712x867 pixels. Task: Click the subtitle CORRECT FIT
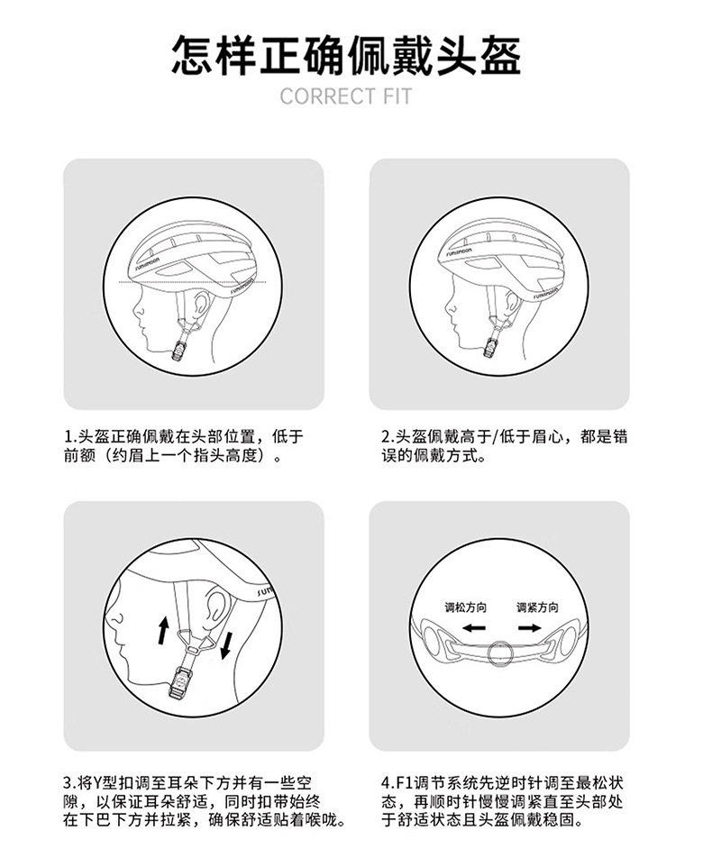click(x=346, y=96)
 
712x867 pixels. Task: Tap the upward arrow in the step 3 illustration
click(x=163, y=630)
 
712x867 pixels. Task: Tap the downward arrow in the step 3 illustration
click(x=225, y=646)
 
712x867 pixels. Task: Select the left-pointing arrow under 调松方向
click(x=474, y=628)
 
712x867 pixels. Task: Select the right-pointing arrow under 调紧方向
click(x=530, y=628)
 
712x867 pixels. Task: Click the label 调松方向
click(x=465, y=607)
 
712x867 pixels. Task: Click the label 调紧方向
click(x=537, y=607)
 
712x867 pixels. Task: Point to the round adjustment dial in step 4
click(x=501, y=653)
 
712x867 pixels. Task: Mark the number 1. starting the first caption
click(x=70, y=437)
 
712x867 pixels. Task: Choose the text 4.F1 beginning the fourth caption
click(x=397, y=783)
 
